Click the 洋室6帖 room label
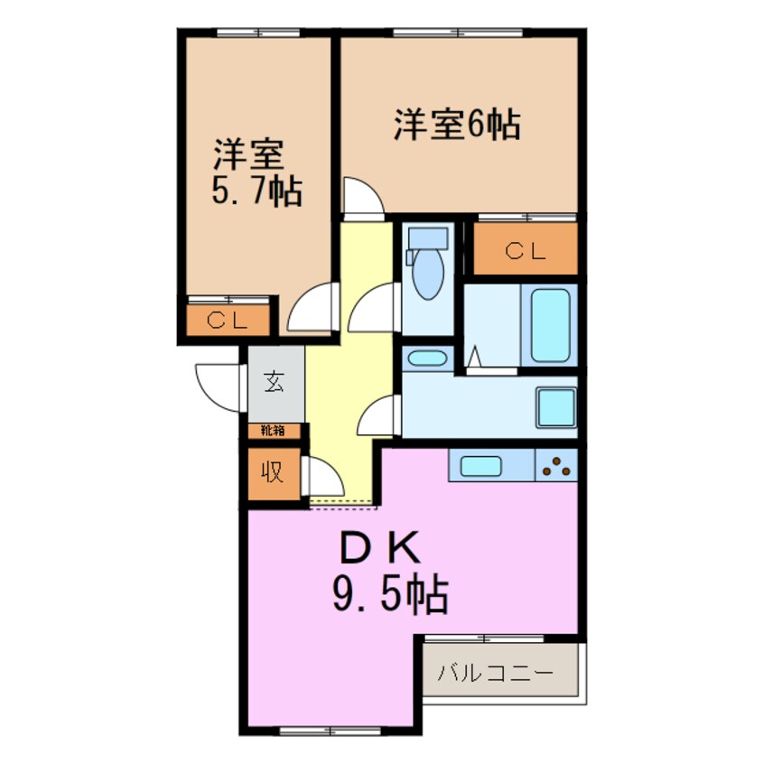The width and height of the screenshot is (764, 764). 456,124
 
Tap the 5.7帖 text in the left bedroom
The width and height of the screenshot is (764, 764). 257,191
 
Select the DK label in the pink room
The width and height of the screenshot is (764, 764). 380,548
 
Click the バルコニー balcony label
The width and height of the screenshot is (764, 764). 496,673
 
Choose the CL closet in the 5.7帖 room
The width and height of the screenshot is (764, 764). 228,320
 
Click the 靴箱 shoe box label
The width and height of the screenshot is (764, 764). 274,431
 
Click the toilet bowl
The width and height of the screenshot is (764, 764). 426,271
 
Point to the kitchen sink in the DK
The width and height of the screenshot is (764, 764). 485,466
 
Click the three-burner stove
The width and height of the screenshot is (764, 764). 556,466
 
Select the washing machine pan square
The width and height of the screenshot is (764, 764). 555,406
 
